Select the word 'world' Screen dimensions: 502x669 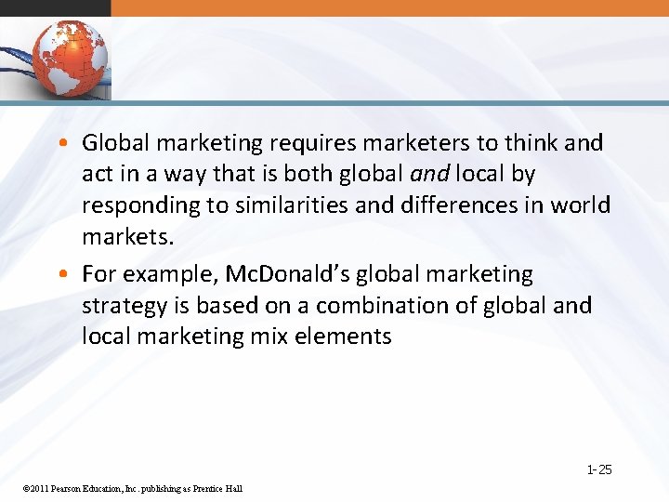[x=580, y=205]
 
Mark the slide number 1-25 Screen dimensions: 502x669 [x=599, y=470]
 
